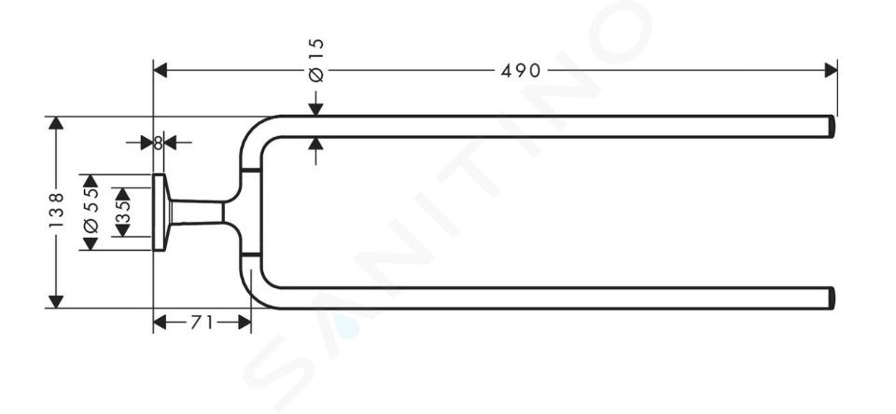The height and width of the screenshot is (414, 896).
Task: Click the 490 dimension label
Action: [x=521, y=70]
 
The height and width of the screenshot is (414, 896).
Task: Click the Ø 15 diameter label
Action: [x=316, y=60]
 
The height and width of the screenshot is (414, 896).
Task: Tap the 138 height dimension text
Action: [x=56, y=210]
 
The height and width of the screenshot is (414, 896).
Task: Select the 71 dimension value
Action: [x=202, y=323]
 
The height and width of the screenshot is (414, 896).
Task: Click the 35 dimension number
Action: [x=123, y=212]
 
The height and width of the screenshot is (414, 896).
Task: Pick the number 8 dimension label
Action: [x=159, y=143]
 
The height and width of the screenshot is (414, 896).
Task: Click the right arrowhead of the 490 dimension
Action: [x=831, y=70]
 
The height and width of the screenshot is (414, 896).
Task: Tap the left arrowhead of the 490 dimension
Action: [x=160, y=70]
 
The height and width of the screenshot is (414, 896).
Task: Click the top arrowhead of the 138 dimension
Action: [x=56, y=123]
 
